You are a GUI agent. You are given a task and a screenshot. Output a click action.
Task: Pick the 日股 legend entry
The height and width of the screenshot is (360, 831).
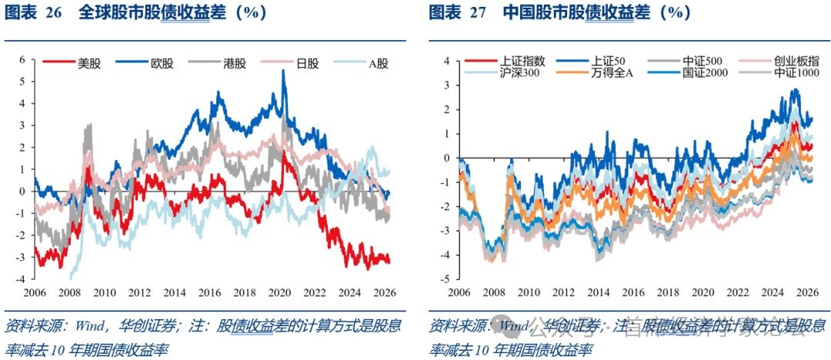click(x=307, y=64)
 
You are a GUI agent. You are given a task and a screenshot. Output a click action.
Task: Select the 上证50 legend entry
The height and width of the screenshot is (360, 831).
click(x=608, y=61)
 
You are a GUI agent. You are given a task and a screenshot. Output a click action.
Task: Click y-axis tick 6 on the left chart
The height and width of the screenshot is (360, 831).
click(x=23, y=59)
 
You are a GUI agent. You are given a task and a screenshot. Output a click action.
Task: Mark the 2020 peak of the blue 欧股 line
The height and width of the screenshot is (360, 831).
click(x=285, y=71)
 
